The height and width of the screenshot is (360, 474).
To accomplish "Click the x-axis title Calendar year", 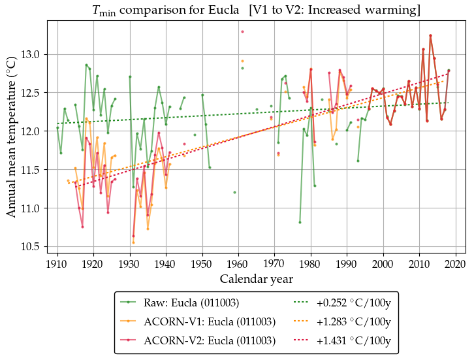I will tap(256, 279).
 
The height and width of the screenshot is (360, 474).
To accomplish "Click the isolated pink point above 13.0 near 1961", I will tap(242, 31).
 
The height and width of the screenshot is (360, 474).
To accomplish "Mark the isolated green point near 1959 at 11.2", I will tap(234, 192).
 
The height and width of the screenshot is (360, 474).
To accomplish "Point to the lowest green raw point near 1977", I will tap(300, 222).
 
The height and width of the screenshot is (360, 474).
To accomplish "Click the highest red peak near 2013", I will tap(430, 35).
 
